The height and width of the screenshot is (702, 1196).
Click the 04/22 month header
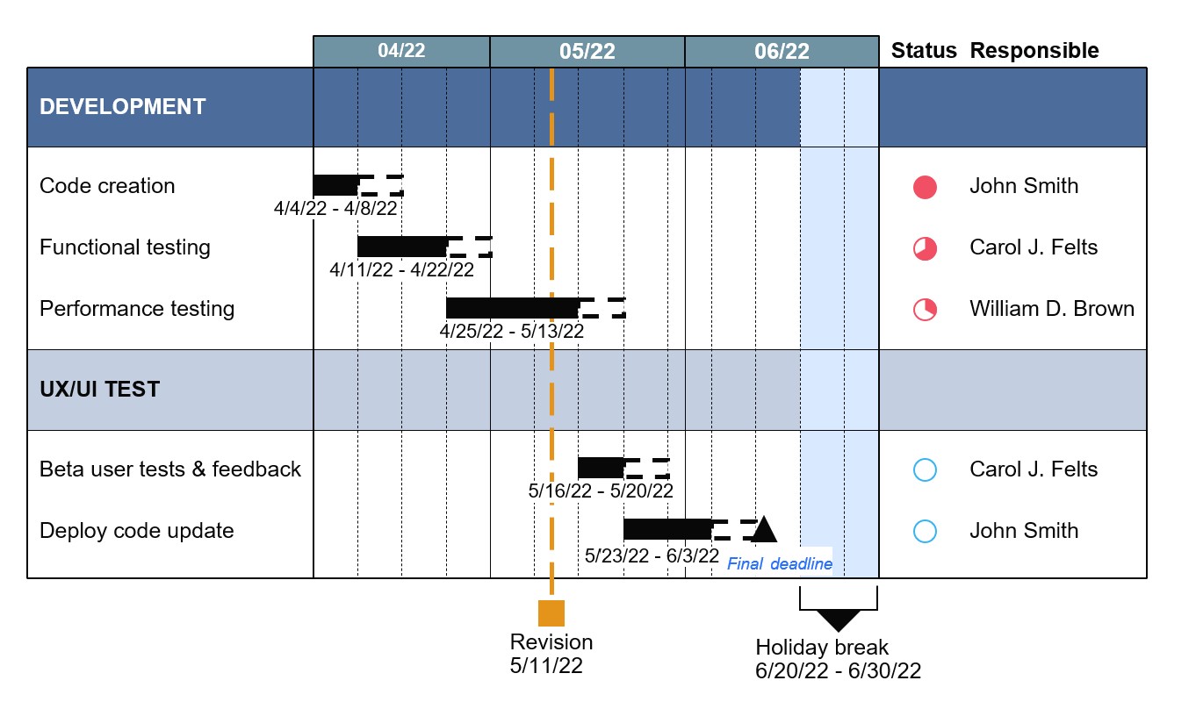[401, 51]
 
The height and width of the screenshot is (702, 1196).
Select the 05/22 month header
[587, 52]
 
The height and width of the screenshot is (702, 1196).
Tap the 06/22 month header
[782, 52]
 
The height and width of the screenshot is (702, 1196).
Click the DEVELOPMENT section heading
[123, 107]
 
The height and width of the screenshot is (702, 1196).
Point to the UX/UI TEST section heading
[100, 390]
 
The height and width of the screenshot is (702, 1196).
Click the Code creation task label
[107, 186]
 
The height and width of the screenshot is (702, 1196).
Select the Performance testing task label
[137, 309]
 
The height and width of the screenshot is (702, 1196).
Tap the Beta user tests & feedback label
[170, 469]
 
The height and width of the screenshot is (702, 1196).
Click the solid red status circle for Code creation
[925, 187]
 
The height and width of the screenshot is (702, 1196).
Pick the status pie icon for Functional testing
[925, 248]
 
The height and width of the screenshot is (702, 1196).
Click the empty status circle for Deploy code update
[925, 531]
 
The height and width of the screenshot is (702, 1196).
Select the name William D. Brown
[1052, 309]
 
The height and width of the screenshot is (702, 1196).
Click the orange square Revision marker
[551, 612]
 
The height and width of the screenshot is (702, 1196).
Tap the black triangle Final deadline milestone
[763, 529]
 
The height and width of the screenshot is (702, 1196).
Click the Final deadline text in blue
[780, 564]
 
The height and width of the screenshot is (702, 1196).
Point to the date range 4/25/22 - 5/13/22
[512, 331]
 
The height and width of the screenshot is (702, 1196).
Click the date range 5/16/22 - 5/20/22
[601, 491]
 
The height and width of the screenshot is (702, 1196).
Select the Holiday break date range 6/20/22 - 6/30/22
[838, 671]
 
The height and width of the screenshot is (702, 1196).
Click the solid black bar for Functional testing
[402, 247]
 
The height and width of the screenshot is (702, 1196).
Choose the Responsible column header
[1034, 51]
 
